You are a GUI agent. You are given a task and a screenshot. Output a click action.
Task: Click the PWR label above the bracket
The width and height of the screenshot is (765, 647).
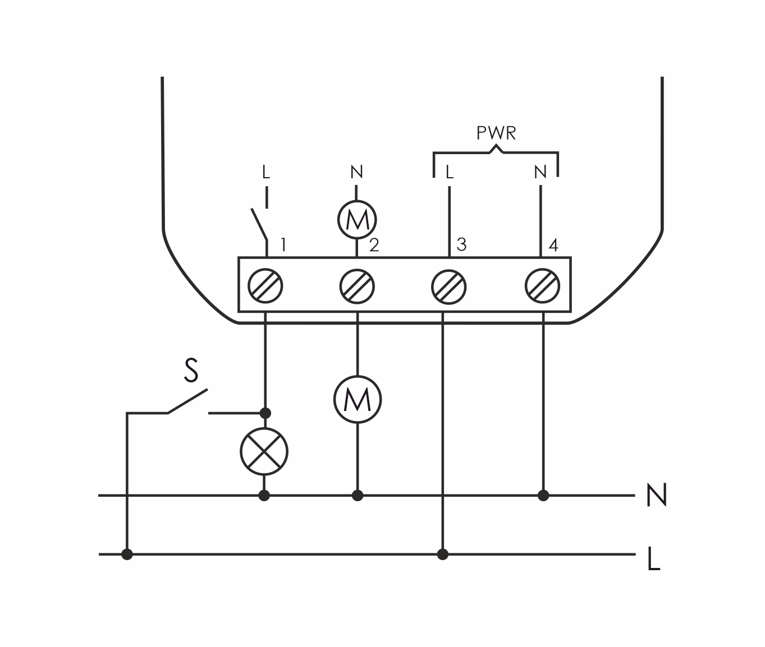(x=496, y=133)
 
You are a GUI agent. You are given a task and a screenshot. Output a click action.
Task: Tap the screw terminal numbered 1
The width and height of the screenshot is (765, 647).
(x=265, y=286)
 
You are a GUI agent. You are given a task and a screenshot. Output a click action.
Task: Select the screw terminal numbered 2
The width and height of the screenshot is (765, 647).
(x=357, y=286)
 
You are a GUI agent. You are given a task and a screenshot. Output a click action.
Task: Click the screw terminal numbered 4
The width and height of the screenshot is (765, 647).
(x=542, y=286)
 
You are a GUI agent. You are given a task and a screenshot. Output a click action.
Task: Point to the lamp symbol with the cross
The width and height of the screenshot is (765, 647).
(x=264, y=451)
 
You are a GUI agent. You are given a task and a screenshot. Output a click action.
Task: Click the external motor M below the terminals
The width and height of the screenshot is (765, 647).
(x=357, y=399)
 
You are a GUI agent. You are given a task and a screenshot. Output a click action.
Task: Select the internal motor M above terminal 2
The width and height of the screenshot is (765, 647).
(x=357, y=220)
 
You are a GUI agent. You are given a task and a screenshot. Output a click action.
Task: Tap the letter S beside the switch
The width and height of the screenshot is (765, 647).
(x=191, y=371)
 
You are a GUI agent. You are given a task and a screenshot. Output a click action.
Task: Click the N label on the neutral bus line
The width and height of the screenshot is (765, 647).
(x=656, y=496)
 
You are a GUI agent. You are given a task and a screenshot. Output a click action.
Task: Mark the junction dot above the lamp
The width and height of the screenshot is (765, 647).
(x=266, y=413)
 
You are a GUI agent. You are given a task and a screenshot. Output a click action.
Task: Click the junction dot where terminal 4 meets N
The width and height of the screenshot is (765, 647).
(x=543, y=496)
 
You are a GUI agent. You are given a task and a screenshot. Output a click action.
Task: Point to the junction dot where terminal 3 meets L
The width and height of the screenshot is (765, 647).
(x=443, y=554)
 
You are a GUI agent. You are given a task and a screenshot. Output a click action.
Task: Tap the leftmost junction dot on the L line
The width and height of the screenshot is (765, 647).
(x=127, y=554)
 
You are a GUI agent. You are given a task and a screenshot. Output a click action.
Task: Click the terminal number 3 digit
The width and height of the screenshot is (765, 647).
(x=461, y=244)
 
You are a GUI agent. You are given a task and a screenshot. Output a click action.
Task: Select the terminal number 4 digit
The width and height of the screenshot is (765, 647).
(x=553, y=245)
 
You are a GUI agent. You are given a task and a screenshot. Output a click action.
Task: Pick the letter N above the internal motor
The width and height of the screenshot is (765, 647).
(x=356, y=172)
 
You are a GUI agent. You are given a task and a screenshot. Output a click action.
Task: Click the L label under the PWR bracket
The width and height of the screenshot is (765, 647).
(x=449, y=172)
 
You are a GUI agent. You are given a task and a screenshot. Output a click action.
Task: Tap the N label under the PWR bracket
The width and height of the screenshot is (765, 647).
(x=540, y=172)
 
